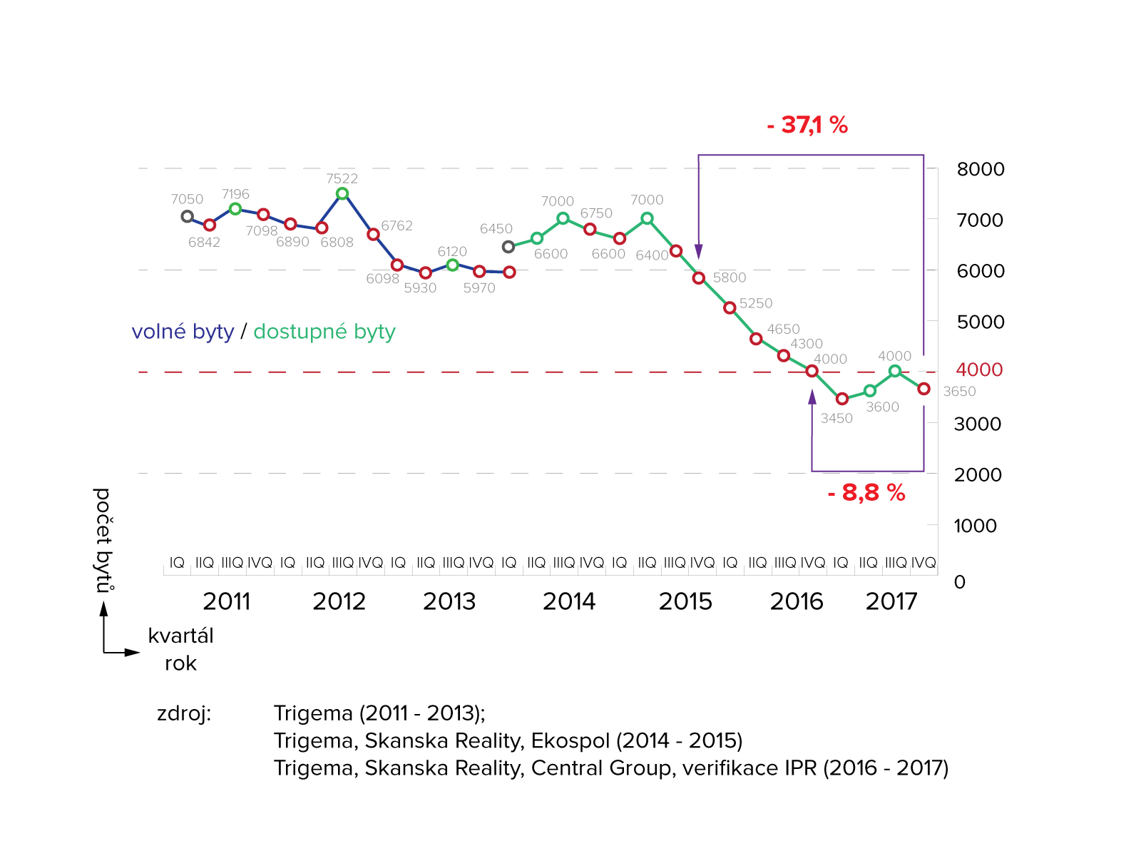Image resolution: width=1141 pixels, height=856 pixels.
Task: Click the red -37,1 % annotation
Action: pyautogui.click(x=807, y=126)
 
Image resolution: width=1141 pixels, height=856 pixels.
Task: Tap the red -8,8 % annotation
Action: pyautogui.click(x=866, y=493)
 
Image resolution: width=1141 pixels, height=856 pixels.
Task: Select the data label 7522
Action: pyautogui.click(x=342, y=178)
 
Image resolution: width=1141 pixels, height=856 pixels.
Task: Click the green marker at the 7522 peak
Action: pyautogui.click(x=342, y=193)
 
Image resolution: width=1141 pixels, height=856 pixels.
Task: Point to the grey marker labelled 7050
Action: pyautogui.click(x=187, y=216)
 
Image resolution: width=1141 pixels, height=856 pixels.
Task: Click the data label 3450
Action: pyautogui.click(x=836, y=419)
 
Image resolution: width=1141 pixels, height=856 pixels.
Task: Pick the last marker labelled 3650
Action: pyautogui.click(x=923, y=389)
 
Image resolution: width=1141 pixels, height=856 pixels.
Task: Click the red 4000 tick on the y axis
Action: pyautogui.click(x=979, y=370)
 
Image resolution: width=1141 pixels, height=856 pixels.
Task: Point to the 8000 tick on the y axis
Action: pyautogui.click(x=981, y=169)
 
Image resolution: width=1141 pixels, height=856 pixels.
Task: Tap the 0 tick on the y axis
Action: pyautogui.click(x=960, y=582)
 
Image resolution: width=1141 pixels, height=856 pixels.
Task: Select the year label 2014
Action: pyautogui.click(x=568, y=601)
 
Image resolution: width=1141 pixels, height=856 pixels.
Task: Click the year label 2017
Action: pyautogui.click(x=891, y=601)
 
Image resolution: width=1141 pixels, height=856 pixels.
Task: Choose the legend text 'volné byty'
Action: pyautogui.click(x=183, y=332)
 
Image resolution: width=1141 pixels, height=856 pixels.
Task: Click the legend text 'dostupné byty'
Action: pyautogui.click(x=324, y=332)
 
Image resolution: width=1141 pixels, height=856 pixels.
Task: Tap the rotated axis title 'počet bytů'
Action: pyautogui.click(x=103, y=540)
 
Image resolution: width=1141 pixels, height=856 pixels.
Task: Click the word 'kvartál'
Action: pyautogui.click(x=180, y=636)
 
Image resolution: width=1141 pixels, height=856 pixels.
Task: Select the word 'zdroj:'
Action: pyautogui.click(x=184, y=713)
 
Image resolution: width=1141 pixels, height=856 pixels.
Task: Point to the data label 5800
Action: pyautogui.click(x=729, y=277)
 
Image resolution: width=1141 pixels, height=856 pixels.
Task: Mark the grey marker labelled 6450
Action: pyautogui.click(x=508, y=247)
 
